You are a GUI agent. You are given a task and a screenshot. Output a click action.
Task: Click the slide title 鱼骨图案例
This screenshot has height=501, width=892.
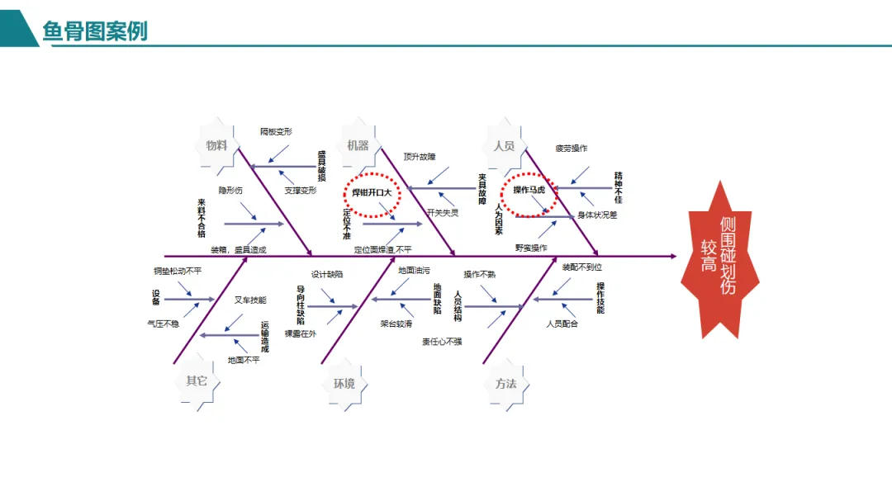[x=95, y=31]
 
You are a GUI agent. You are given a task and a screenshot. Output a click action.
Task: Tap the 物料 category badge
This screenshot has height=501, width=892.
[x=216, y=145]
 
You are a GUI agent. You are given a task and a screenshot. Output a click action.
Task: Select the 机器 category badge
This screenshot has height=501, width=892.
[x=358, y=145]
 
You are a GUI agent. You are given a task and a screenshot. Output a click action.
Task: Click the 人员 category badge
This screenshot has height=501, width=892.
[x=504, y=145]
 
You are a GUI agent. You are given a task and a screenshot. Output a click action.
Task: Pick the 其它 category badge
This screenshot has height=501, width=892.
[x=197, y=381]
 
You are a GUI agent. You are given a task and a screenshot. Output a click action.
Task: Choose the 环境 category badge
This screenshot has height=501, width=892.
[x=344, y=383]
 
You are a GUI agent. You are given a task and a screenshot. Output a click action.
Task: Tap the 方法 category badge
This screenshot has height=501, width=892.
[x=505, y=383]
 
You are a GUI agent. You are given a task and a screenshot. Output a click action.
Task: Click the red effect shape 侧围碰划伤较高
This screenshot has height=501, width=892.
[x=719, y=257]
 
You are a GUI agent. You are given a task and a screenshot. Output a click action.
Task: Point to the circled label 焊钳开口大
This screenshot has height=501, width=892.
[x=371, y=191]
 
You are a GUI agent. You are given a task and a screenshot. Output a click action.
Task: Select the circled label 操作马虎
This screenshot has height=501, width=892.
[x=529, y=190]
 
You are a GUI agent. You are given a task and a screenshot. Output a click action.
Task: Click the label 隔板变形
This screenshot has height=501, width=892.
[x=276, y=131]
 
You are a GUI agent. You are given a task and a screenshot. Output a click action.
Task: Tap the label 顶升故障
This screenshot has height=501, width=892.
[x=419, y=157]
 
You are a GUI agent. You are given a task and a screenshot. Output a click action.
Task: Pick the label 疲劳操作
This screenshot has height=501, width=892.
[x=571, y=149]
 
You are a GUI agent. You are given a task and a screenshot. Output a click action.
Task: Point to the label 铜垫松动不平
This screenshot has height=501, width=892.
[x=177, y=271]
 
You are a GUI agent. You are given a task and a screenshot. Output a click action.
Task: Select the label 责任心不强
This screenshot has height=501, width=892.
[x=442, y=341]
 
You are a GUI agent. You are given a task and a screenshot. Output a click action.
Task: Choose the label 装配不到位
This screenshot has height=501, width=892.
[x=582, y=267]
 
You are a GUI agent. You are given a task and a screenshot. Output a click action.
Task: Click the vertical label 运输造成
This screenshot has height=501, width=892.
[x=265, y=337]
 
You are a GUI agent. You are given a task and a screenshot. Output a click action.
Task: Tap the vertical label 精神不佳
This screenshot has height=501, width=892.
[x=618, y=187]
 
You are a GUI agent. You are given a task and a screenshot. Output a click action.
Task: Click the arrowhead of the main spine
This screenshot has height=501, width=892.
[x=672, y=257]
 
